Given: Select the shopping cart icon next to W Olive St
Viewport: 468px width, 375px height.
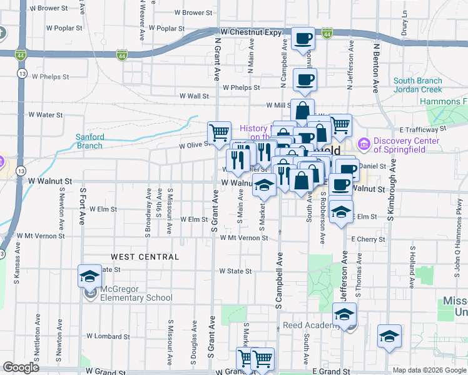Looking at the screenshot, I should pyautogui.click(x=219, y=132).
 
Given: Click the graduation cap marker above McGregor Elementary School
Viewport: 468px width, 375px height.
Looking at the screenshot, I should pyautogui.click(x=89, y=276).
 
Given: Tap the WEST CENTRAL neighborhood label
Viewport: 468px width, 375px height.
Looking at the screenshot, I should pyautogui.click(x=145, y=257).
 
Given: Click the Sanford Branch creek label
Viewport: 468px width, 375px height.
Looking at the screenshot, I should pyautogui.click(x=89, y=141).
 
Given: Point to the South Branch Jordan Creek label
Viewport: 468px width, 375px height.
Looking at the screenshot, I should pyautogui.click(x=418, y=85).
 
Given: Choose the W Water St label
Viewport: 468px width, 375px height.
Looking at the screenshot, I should pyautogui.click(x=46, y=115).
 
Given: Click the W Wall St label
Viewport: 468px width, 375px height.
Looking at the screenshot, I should pyautogui.click(x=194, y=96).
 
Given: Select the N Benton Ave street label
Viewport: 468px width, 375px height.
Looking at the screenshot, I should pyautogui.click(x=377, y=68).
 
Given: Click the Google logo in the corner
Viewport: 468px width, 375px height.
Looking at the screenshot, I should pyautogui.click(x=21, y=367).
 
